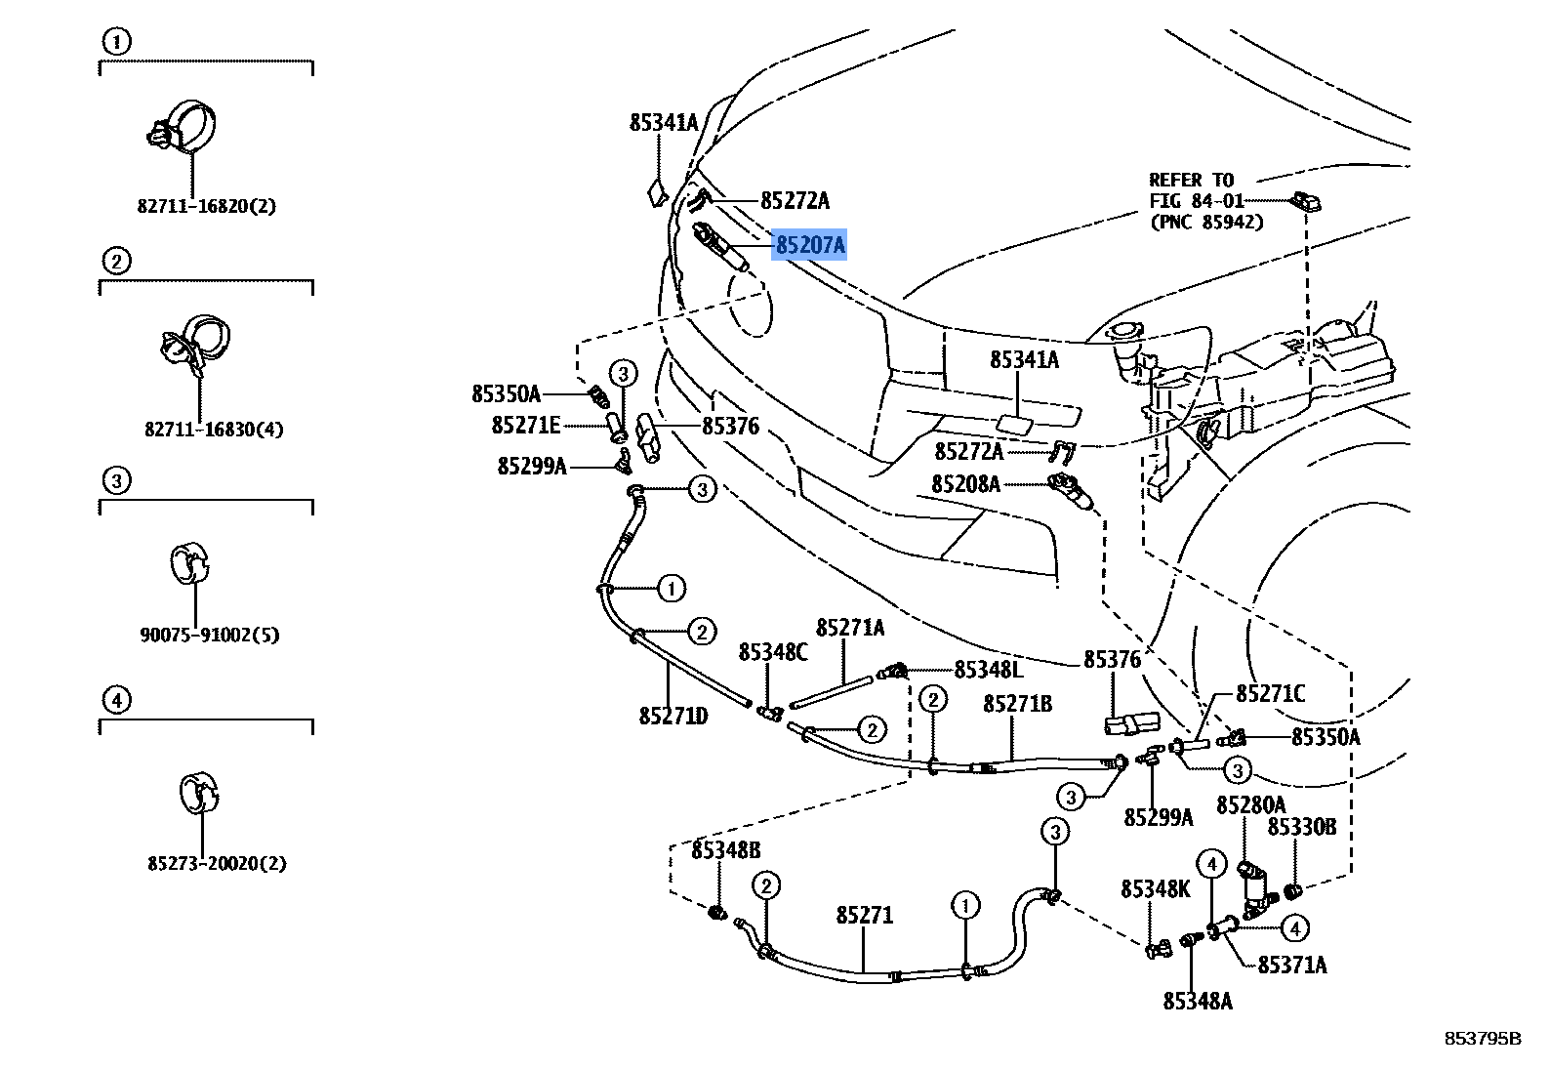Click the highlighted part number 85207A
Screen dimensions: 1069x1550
(809, 245)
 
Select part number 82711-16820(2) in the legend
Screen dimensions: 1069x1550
(206, 206)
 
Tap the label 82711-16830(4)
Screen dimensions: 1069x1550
(214, 429)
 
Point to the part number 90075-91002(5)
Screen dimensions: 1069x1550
(209, 635)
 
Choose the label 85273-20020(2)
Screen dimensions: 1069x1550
(217, 864)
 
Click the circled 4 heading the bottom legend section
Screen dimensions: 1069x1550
(115, 699)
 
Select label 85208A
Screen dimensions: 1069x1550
(965, 483)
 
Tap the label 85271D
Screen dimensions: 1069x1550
(673, 717)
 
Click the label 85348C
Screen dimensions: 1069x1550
(773, 651)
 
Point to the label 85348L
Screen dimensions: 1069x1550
(988, 670)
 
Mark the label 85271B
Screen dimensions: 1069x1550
(1017, 703)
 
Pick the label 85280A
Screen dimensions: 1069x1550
(1250, 805)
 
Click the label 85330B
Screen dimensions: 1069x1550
(1301, 827)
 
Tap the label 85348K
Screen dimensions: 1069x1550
(1156, 888)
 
